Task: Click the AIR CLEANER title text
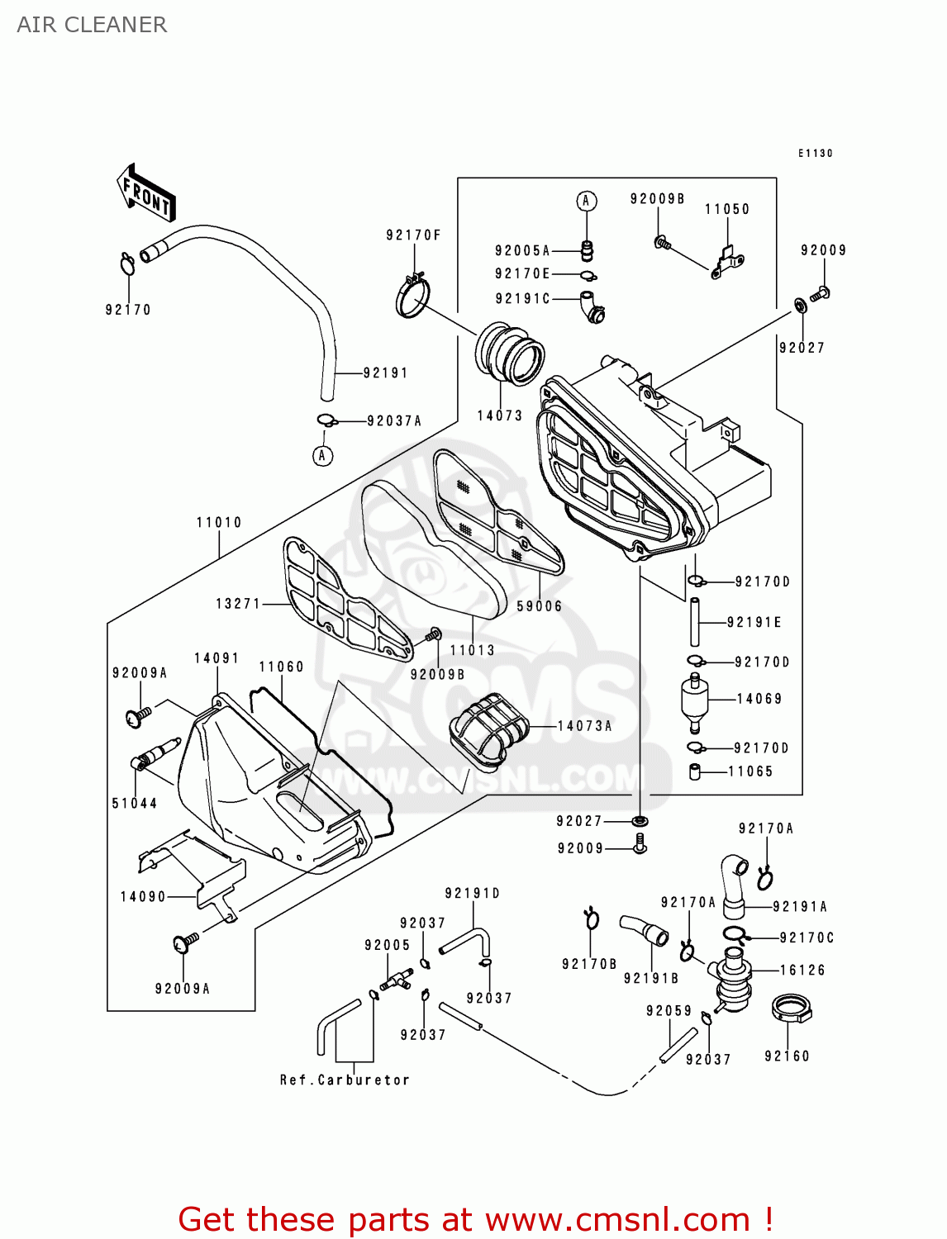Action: tap(92, 25)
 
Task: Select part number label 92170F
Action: tap(413, 235)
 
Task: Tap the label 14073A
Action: tap(585, 726)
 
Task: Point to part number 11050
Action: tap(727, 210)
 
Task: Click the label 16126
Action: tap(802, 971)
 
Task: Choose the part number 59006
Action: tap(540, 606)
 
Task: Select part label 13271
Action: tap(238, 604)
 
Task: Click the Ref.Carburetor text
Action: tap(345, 1080)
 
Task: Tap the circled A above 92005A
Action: tap(586, 201)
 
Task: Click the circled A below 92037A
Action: tap(322, 455)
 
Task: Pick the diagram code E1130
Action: tap(815, 154)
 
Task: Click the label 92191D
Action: tap(473, 894)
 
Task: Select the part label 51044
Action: tap(135, 803)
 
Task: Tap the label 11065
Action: tap(750, 771)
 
